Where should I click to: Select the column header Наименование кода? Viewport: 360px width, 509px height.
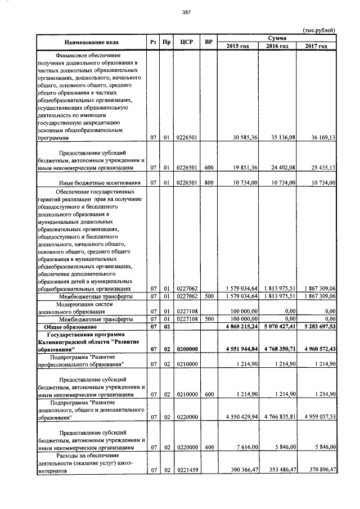91,42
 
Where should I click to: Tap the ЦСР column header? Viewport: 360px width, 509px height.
186,42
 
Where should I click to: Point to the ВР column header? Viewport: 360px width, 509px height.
209,42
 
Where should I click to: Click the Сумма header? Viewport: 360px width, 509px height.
278,37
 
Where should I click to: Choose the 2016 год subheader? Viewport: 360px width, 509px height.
278,46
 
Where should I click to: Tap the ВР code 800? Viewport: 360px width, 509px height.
209,183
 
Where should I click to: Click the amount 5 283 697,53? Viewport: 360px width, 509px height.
317,327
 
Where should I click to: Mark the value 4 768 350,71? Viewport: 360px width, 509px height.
278,349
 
